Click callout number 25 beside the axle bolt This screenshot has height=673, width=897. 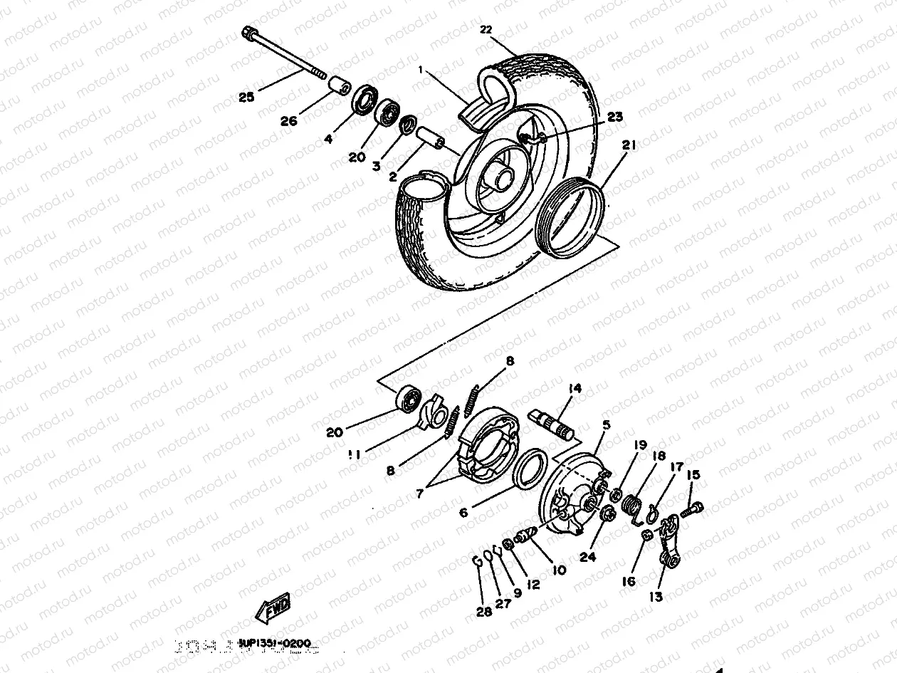[x=246, y=97]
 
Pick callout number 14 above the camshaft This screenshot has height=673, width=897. [x=575, y=388]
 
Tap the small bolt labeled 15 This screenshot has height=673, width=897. [x=693, y=509]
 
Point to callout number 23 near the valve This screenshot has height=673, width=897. [x=614, y=116]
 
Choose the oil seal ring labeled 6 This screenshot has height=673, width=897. [x=528, y=469]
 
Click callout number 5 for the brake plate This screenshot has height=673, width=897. [x=606, y=425]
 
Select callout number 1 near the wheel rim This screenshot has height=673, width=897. [x=421, y=71]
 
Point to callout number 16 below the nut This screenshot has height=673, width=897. [x=628, y=582]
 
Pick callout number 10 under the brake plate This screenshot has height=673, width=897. [x=559, y=570]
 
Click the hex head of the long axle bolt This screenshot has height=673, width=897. [x=249, y=33]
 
